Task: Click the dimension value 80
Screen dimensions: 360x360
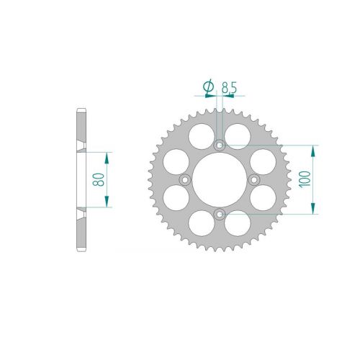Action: (99, 179)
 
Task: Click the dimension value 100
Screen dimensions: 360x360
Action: (305, 179)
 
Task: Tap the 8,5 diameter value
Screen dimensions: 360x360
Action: (229, 87)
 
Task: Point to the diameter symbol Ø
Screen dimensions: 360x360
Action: (208, 86)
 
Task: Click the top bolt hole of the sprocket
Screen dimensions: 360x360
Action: (220, 145)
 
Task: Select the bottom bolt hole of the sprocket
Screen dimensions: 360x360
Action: (220, 215)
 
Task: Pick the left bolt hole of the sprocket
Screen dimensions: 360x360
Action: (185, 179)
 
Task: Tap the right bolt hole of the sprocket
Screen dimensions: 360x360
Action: (254, 179)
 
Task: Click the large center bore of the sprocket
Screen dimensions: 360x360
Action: (220, 180)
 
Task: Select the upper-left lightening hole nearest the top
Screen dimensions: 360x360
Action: (202, 136)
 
